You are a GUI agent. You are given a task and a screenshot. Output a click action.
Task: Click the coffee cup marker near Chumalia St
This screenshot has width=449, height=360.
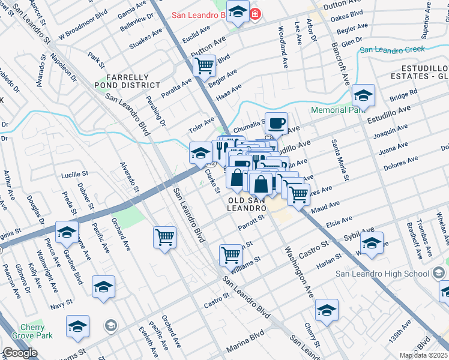tap(276, 124)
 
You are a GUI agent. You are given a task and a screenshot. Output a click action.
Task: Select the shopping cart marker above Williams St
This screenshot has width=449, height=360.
tap(231, 255)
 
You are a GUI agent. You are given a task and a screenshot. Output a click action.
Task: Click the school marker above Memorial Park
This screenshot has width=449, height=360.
tap(363, 95)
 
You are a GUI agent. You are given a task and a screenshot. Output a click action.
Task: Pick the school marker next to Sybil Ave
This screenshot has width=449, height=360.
tap(372, 243)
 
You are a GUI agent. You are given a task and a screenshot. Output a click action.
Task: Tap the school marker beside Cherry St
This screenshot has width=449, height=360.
tap(327, 310)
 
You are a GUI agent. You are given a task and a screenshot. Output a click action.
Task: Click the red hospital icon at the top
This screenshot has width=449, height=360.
tap(256, 13)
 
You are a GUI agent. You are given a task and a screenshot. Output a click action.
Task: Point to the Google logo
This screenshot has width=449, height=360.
tap(19, 352)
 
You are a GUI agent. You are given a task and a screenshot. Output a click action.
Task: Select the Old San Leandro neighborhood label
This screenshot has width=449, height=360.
tap(246, 203)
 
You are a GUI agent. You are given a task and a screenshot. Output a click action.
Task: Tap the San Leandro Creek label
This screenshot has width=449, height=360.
tap(392, 50)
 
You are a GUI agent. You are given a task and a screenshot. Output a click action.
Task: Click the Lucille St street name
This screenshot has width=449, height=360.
tap(75, 175)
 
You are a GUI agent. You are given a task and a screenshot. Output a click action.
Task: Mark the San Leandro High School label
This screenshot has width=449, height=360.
tap(382, 274)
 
